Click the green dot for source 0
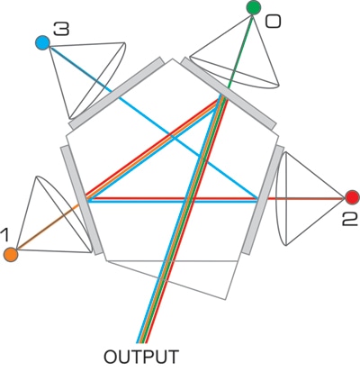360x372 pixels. coord(254,8)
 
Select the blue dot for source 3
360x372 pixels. coord(41,41)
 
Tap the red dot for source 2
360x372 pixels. coord(352,197)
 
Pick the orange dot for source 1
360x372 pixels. coord(11,255)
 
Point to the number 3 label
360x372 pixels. coord(61,31)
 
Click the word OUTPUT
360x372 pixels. coord(142,356)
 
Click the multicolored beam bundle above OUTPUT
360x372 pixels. coord(166,270)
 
